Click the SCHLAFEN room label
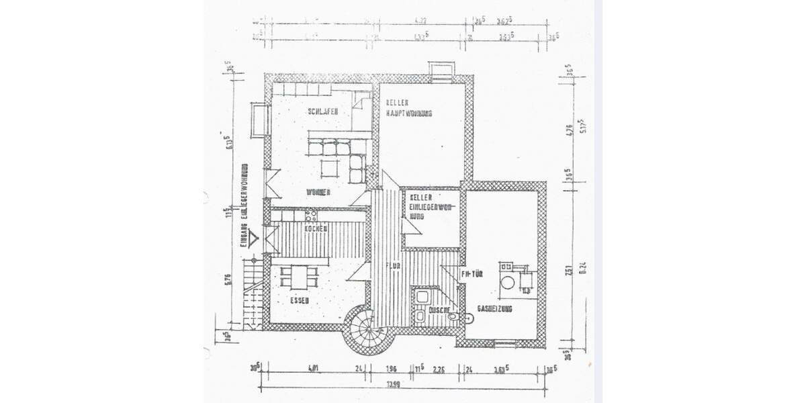pos(322,111)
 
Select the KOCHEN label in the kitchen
pos(316,229)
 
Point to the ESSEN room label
pos(300,300)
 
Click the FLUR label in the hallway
pos(393,266)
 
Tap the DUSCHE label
pos(431,310)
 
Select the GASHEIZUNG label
pos(495,308)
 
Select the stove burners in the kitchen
pos(310,216)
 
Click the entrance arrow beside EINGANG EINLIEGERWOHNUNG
pos(254,237)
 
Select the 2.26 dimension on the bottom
pos(439,369)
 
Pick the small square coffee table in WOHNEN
pos(329,167)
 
